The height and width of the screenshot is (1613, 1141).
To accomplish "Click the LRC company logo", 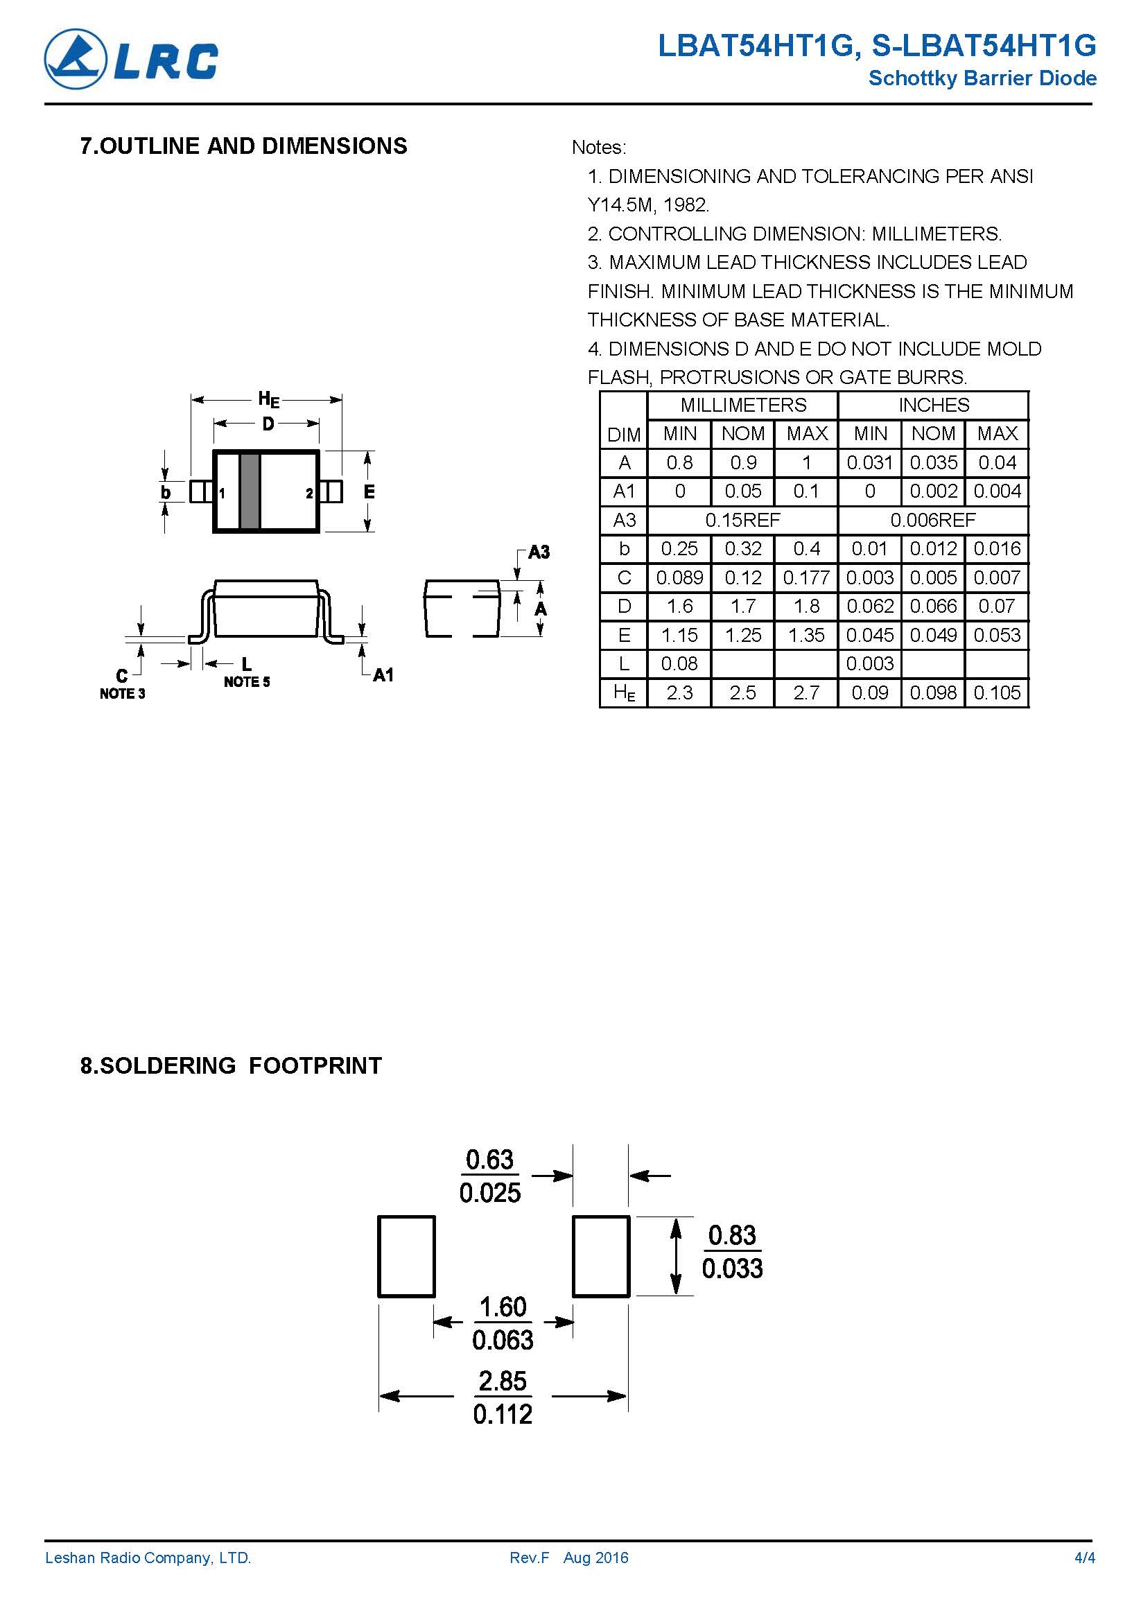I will (132, 59).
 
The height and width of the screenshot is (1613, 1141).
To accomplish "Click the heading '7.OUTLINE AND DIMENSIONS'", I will (243, 146).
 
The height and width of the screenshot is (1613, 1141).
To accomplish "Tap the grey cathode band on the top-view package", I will (250, 491).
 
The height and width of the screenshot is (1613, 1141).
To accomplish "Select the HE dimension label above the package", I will (268, 400).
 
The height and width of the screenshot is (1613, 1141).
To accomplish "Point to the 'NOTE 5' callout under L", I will (247, 681).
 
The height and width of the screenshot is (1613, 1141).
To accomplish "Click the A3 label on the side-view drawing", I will (538, 552).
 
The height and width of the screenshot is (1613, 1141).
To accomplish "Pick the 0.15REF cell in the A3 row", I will (742, 520).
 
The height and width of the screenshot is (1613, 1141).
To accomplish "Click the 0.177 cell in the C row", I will (806, 577).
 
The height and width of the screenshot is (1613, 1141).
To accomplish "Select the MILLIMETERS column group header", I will (742, 406).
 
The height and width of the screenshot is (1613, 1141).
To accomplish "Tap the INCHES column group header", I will (933, 406).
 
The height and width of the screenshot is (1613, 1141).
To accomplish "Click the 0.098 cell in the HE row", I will (933, 692).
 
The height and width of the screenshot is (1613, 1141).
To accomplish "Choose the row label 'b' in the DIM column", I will (624, 549).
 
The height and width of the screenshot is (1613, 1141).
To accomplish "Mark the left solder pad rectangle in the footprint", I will (406, 1256).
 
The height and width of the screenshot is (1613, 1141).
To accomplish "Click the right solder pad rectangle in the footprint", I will (601, 1256).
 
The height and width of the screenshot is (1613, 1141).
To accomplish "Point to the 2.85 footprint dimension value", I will (503, 1381).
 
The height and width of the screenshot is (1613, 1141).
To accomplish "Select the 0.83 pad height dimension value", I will (731, 1235).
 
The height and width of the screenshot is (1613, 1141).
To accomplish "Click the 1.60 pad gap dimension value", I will (503, 1307).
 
